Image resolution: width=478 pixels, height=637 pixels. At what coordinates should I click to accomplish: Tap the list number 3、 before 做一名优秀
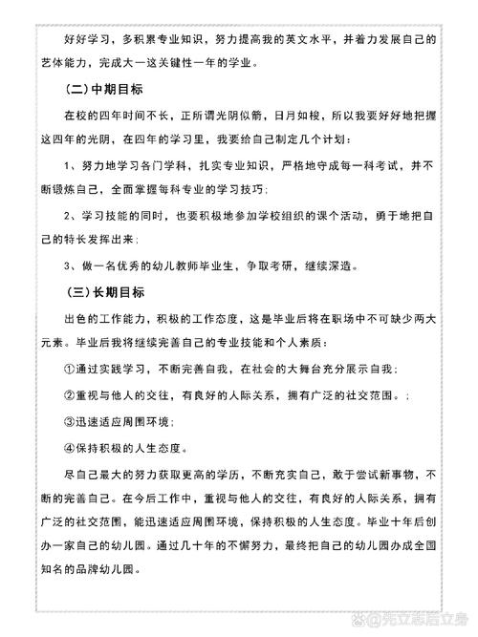click(70, 265)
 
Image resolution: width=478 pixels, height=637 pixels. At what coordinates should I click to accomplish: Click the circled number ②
click(69, 393)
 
